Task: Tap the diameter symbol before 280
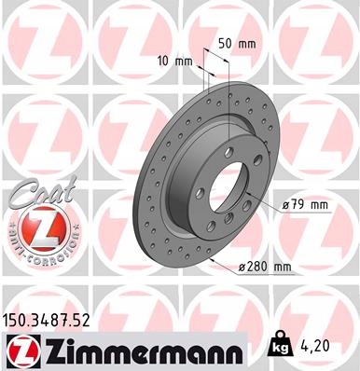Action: [x=242, y=268]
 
